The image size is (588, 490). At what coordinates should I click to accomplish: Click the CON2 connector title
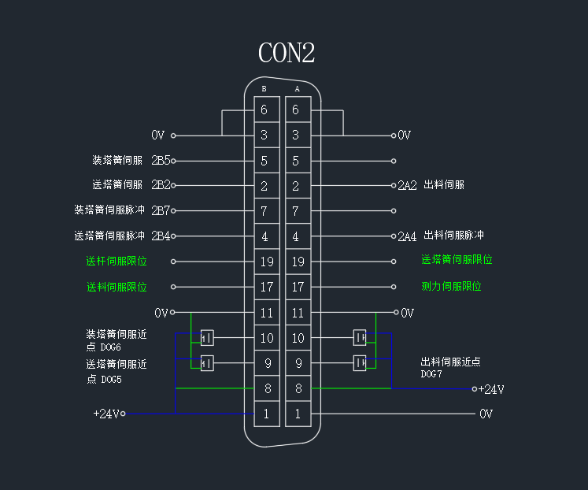287,53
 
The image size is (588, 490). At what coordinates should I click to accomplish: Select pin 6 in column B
264,110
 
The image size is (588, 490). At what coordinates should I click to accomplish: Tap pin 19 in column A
298,262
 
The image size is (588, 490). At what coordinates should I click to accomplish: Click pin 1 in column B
266,414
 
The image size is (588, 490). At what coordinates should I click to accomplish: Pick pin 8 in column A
298,388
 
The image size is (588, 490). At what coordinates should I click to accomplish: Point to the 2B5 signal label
161,161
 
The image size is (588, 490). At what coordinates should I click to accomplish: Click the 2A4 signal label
407,236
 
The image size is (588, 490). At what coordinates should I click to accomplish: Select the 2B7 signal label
161,211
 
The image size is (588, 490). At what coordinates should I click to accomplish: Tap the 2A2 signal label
407,186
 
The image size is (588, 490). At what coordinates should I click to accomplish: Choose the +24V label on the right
491,389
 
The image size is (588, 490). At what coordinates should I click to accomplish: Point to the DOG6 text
111,347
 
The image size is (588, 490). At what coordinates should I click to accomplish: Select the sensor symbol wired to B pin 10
208,338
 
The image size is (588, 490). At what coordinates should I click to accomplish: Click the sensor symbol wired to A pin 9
360,362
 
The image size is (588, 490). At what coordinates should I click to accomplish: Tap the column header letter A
297,89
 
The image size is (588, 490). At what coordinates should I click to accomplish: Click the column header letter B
264,89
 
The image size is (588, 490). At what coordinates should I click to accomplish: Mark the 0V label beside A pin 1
486,414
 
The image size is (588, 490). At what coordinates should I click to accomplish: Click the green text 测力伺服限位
451,287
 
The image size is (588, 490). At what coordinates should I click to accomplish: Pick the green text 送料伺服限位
116,287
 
